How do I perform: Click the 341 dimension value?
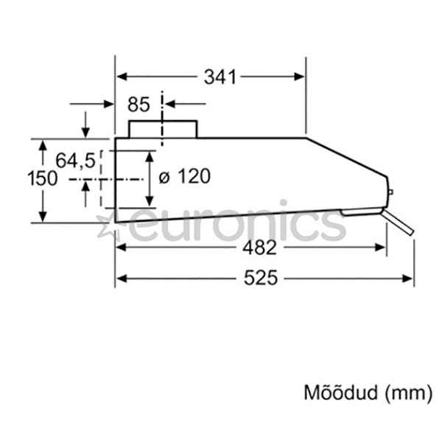(x=220, y=77)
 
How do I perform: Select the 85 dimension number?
(x=138, y=105)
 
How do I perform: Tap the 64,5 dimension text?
(x=76, y=161)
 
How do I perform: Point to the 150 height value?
(x=42, y=179)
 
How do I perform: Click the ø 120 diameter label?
(x=185, y=176)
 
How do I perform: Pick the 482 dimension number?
(x=259, y=248)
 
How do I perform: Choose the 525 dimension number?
(x=261, y=278)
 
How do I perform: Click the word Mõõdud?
(x=340, y=392)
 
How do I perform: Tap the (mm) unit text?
(x=408, y=393)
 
